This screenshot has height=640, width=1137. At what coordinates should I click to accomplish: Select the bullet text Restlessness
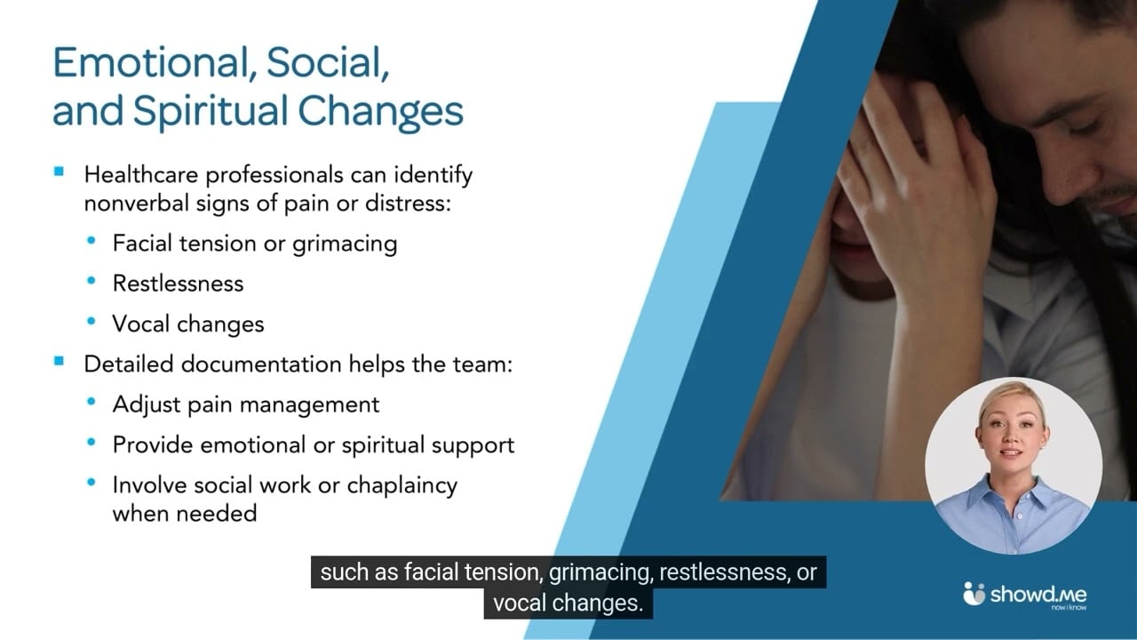[x=178, y=284]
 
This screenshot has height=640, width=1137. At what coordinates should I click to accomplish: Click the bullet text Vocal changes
[x=188, y=324]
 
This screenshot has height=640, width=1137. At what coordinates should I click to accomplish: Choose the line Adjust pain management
[x=246, y=404]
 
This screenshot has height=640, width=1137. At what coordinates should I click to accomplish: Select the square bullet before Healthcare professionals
[x=60, y=172]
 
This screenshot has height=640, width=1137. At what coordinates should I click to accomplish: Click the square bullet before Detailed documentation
[x=60, y=362]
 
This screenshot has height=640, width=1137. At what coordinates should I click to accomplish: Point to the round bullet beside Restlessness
[x=91, y=282]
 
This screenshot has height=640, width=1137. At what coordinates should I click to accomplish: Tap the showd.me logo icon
[x=974, y=594]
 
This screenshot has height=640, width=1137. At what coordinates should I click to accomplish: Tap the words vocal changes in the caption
[x=567, y=604]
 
